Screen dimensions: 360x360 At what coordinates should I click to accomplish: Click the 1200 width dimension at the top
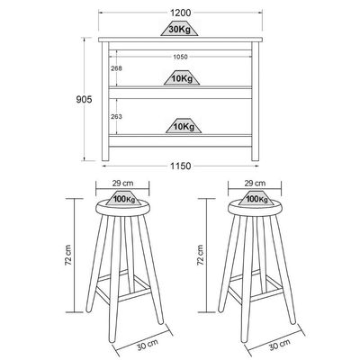(x=180, y=13)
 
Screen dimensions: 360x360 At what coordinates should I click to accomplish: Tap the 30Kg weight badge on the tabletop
(x=180, y=29)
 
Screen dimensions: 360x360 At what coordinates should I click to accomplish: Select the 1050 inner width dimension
(x=180, y=57)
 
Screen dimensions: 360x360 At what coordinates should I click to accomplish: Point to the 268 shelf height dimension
(x=116, y=68)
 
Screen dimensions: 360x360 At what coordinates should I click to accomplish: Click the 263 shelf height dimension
(x=116, y=116)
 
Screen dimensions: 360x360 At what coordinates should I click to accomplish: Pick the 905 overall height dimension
(x=84, y=99)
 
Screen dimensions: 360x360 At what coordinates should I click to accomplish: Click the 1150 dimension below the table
(x=181, y=166)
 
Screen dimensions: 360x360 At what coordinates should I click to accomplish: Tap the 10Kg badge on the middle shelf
(x=182, y=78)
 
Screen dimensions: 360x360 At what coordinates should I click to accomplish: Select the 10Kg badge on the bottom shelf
(x=184, y=126)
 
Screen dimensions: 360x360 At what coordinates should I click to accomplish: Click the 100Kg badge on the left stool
(x=124, y=198)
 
